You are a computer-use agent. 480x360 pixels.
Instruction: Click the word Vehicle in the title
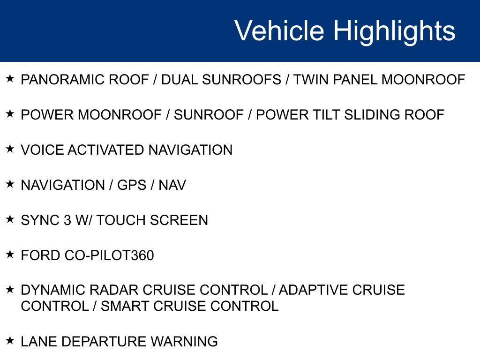tap(279, 30)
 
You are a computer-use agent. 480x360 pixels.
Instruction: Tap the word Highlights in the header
tap(394, 32)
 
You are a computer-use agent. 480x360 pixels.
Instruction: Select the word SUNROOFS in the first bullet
tap(241, 80)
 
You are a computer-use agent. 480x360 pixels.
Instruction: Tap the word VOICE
tap(42, 150)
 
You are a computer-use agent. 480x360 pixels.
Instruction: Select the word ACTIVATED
tap(106, 150)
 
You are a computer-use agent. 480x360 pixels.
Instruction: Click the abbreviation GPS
tap(132, 185)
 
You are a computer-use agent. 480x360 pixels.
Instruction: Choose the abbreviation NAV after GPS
tap(172, 185)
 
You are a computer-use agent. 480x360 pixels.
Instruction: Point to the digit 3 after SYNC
tap(67, 220)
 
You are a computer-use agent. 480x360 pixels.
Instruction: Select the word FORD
tap(40, 255)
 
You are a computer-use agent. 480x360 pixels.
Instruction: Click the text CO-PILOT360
tap(109, 255)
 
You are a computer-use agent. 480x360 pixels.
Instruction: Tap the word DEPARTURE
tap(104, 341)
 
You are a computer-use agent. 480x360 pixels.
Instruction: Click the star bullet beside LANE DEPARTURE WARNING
tap(10, 340)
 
